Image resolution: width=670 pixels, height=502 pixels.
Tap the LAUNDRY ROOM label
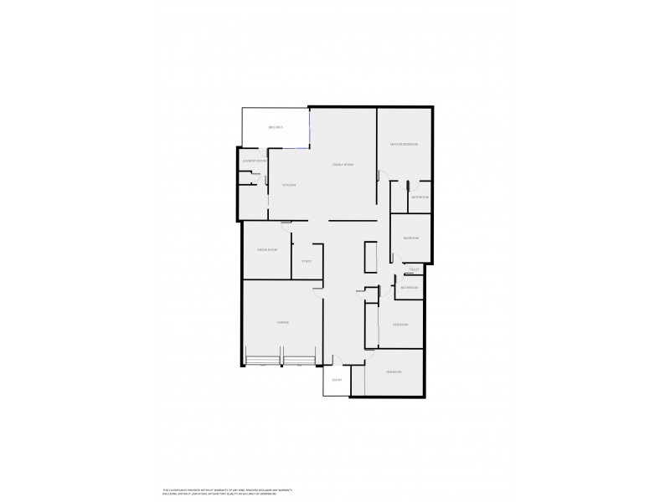(x=254, y=160)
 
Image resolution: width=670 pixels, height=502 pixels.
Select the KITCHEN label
(x=289, y=185)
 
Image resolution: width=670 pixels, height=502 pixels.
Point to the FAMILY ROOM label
(x=343, y=165)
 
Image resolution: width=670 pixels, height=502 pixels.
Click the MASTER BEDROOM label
(x=404, y=145)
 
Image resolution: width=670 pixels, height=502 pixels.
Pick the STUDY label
(x=307, y=262)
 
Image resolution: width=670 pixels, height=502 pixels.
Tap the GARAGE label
(x=283, y=322)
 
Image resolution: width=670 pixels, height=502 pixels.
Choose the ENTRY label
(x=338, y=381)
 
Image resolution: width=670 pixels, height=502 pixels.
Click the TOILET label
(x=413, y=269)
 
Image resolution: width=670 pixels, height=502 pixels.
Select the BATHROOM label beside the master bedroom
(x=420, y=197)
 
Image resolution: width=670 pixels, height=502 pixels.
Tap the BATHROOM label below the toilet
(x=409, y=288)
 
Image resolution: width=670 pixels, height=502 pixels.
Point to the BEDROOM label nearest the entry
(x=394, y=371)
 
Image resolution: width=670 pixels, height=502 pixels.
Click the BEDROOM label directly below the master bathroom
(x=410, y=238)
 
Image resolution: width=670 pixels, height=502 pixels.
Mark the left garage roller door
(x=262, y=362)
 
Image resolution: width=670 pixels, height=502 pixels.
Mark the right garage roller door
(x=299, y=362)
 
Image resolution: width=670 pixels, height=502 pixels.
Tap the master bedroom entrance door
(x=382, y=176)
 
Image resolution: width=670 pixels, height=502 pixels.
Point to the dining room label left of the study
(x=267, y=250)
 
